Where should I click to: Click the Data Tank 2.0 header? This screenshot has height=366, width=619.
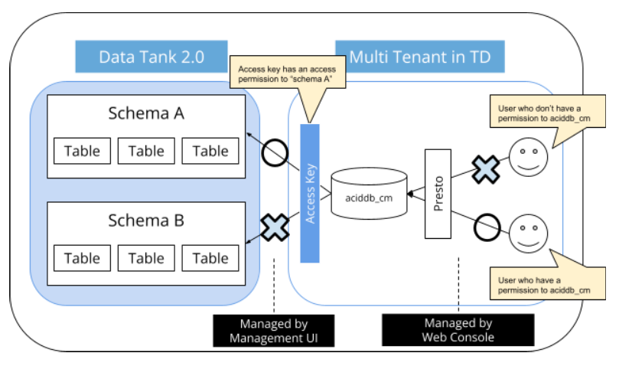tap(151, 57)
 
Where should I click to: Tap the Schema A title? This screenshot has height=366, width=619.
tap(146, 113)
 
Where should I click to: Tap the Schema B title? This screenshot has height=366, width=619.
tap(146, 221)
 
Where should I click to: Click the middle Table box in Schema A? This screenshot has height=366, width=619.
tap(146, 151)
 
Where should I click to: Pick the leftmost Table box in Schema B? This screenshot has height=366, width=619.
tap(82, 257)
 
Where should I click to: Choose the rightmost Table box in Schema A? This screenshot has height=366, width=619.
tap(210, 151)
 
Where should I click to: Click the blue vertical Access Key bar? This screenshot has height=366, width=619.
tap(309, 193)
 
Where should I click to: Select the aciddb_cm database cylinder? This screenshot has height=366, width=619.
tap(369, 197)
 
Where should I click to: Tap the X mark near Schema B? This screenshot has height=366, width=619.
tap(273, 227)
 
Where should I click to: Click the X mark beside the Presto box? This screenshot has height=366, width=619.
tap(484, 170)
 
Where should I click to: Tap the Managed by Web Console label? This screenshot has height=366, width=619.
tap(458, 329)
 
